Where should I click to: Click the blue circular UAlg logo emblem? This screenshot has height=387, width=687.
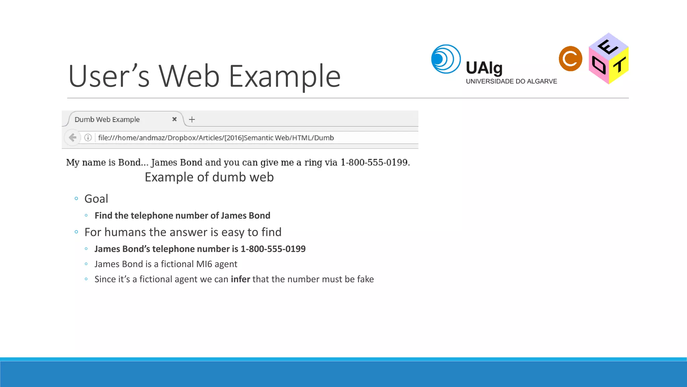click(x=446, y=59)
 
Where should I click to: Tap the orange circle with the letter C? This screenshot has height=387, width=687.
click(x=570, y=59)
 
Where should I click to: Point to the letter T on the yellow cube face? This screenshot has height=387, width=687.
click(x=619, y=65)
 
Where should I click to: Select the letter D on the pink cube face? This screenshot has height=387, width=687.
click(x=598, y=65)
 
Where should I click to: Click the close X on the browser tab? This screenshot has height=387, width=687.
click(x=174, y=119)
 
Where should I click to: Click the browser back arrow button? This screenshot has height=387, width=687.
click(x=72, y=137)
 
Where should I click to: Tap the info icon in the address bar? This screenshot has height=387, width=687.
click(x=88, y=137)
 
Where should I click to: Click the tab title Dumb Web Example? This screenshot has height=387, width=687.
click(x=107, y=120)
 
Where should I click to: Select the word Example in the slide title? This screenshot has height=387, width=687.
click(x=284, y=77)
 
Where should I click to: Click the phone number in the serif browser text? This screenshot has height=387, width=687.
click(x=375, y=163)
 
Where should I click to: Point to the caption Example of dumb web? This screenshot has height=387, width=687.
click(x=209, y=177)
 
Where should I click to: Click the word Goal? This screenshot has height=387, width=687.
click(x=96, y=199)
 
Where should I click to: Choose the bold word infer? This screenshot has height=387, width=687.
click(x=240, y=279)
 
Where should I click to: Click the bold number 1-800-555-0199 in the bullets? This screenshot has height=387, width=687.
click(x=273, y=249)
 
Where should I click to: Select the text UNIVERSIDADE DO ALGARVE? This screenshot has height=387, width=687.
click(x=511, y=81)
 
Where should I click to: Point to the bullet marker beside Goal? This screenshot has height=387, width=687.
click(x=76, y=199)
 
